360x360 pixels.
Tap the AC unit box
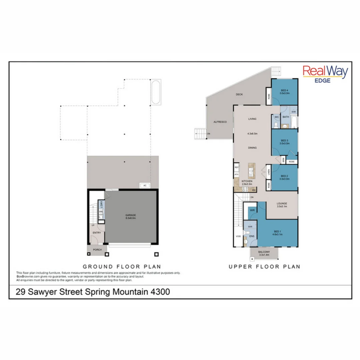click(x=145, y=185)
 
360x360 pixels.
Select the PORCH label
click(x=97, y=250)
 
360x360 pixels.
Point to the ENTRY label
click(x=97, y=233)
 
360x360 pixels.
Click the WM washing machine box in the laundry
click(x=101, y=212)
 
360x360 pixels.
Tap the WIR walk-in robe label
click(x=252, y=210)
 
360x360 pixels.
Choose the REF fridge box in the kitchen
click(x=237, y=167)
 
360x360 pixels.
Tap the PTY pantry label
click(x=237, y=174)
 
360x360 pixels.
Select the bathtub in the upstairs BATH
click(x=294, y=123)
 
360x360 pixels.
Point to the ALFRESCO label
click(x=220, y=122)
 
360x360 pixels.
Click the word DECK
click(x=239, y=95)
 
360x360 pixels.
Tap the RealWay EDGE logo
click(x=325, y=74)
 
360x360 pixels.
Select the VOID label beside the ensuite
click(x=238, y=236)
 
